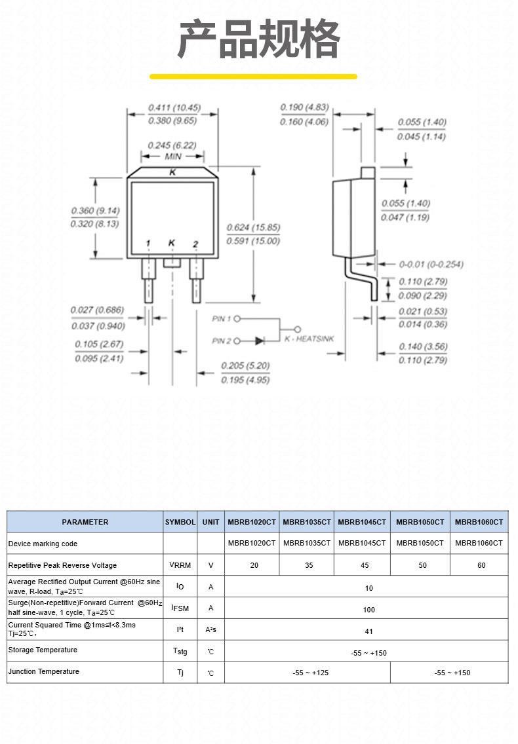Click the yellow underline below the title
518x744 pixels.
253,77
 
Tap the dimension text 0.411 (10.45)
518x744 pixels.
174,107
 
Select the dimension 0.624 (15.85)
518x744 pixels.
253,227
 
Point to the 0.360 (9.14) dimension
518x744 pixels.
96,211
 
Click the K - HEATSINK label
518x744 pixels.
309,339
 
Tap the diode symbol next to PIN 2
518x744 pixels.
260,341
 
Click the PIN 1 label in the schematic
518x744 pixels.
222,319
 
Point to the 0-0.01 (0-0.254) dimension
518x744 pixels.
431,265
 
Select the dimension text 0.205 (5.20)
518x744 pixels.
245,366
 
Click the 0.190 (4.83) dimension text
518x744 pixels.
305,107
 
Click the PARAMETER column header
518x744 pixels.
85,522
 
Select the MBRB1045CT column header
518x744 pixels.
362,522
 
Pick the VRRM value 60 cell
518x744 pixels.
481,565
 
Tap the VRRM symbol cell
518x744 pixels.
180,565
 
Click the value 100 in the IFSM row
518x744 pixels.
369,610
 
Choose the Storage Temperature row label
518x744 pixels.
43,650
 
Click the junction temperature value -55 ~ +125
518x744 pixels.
310,673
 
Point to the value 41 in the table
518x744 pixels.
369,631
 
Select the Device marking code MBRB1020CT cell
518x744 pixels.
252,543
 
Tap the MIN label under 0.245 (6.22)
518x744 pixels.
173,156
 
